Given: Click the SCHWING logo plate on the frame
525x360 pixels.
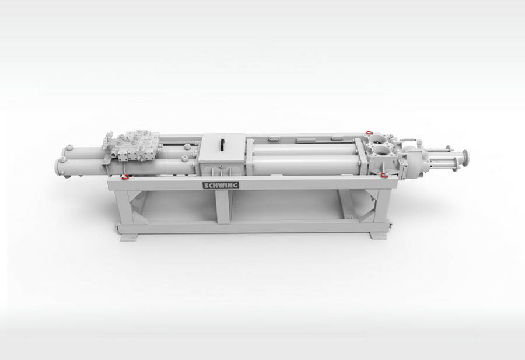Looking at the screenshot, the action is [220, 185].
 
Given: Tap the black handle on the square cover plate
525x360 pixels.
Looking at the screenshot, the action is [221, 144].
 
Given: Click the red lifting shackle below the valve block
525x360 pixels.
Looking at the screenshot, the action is [125, 177].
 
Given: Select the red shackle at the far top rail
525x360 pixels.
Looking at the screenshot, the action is [369, 132].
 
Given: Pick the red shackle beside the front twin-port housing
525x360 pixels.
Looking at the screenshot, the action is [384, 175].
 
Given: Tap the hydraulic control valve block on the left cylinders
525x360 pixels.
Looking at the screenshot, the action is [132, 146].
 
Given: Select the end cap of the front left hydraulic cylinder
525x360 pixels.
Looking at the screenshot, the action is [60, 167].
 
